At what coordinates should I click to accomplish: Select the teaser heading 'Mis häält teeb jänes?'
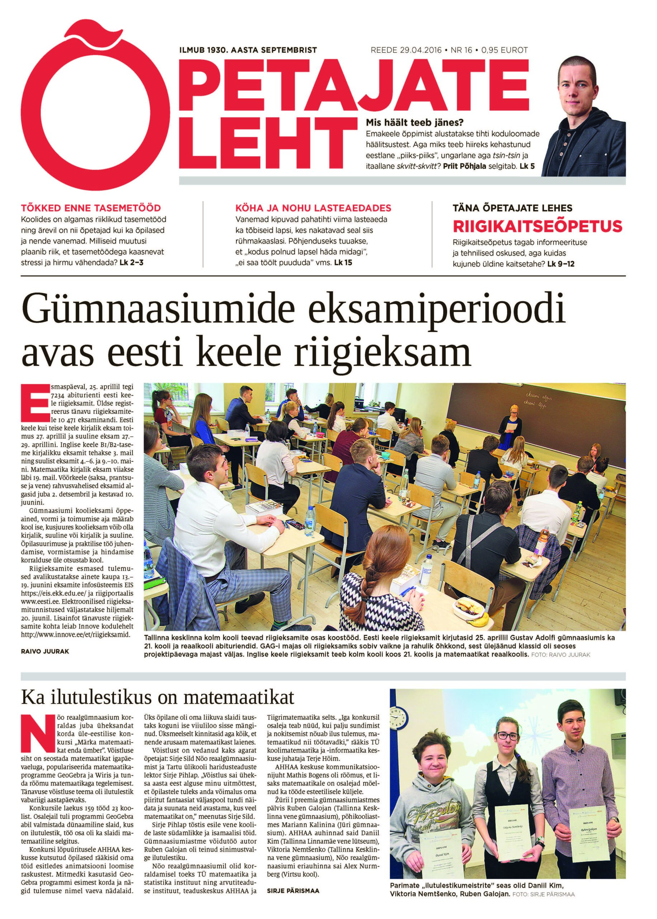coord(414,122)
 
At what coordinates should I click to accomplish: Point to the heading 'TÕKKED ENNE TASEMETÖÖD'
coord(91,209)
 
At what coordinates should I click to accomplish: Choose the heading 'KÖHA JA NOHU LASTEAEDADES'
coord(313,209)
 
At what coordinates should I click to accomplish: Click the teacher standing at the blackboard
coord(509,431)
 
